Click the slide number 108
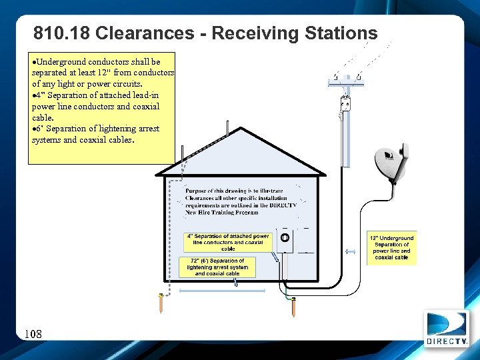pyautogui.click(x=33, y=333)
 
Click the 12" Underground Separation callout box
pyautogui.click(x=392, y=247)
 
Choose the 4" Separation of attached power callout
pyautogui.click(x=228, y=242)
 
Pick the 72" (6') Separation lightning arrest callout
pyautogui.click(x=217, y=267)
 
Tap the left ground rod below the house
pyautogui.click(x=161, y=303)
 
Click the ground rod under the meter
pyautogui.click(x=293, y=307)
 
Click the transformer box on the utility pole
pyautogui.click(x=345, y=104)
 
